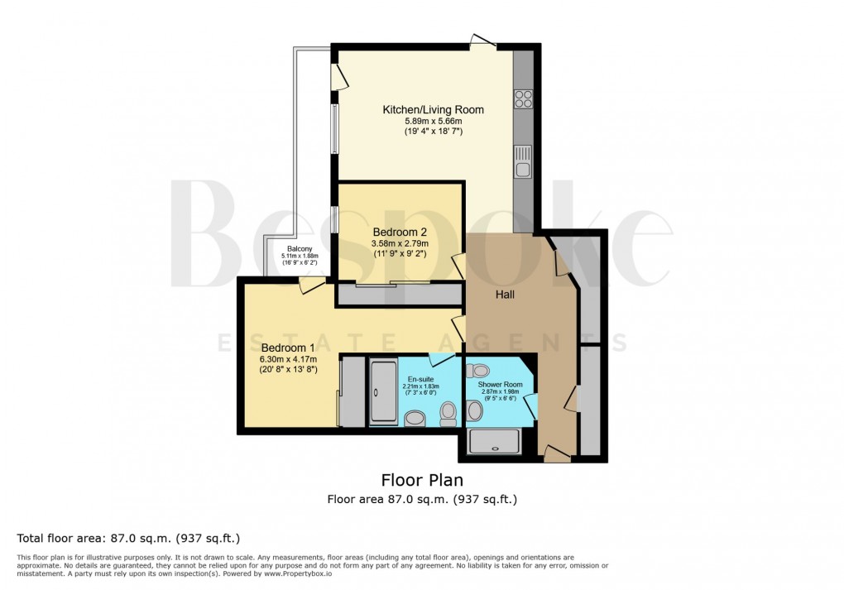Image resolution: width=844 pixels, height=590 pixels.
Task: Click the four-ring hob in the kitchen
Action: pos(523,98)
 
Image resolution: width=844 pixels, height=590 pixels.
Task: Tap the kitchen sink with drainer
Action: pos(522,162)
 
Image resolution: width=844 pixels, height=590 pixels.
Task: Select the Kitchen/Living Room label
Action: pos(433,110)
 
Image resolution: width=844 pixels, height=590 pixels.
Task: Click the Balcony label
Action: pos(300,249)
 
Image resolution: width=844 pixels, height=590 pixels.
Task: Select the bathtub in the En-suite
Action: pos(383,391)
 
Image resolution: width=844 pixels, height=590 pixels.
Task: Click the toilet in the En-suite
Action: pos(448,412)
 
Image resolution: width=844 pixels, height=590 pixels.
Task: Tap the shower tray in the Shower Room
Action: pos(494,441)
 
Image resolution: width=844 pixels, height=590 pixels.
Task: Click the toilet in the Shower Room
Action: pos(477,371)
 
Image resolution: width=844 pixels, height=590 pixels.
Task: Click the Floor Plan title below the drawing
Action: pos(422,480)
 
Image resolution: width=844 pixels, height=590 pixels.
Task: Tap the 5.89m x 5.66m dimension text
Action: pos(433,122)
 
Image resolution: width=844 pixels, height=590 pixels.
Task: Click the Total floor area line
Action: pos(128,538)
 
